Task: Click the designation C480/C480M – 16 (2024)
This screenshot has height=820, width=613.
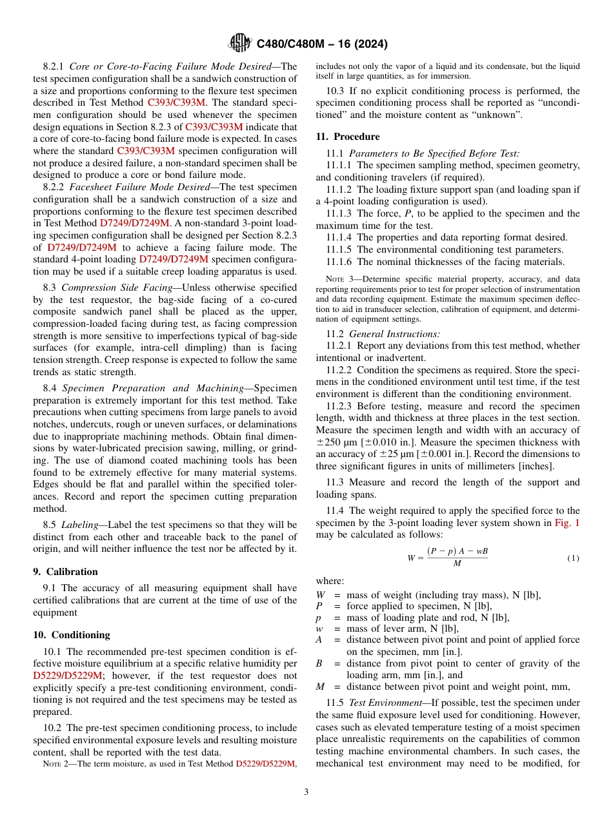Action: (322, 44)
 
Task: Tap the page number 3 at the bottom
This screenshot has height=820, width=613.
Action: (306, 792)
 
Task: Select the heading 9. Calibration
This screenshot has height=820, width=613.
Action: (65, 572)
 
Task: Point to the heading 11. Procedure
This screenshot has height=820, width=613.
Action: (348, 137)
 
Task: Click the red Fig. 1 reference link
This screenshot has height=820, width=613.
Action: (567, 523)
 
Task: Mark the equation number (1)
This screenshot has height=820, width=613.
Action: (573, 558)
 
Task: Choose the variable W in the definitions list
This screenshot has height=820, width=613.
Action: (321, 595)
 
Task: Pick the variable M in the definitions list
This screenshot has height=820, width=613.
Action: (319, 687)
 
